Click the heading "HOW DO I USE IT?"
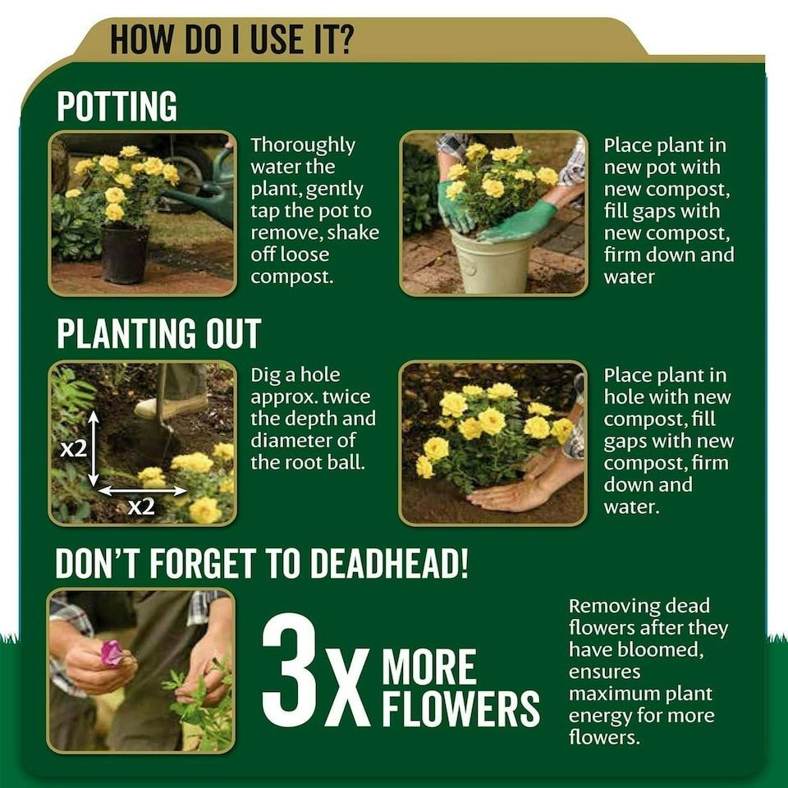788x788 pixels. coord(232,39)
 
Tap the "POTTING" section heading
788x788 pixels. coord(117,106)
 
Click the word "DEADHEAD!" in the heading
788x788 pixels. coord(389,563)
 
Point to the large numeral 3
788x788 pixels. coord(291,670)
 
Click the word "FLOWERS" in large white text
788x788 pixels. coord(460,708)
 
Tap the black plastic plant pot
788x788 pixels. coord(125,254)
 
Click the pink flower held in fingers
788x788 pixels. coord(111,653)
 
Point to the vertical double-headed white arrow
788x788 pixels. coord(94,448)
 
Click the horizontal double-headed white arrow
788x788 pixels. coord(142,490)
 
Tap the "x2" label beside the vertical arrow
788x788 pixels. coord(73,448)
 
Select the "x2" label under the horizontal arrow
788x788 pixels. coord(141,506)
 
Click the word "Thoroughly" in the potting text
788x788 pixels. coord(303,146)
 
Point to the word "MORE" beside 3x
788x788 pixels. coord(429,667)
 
